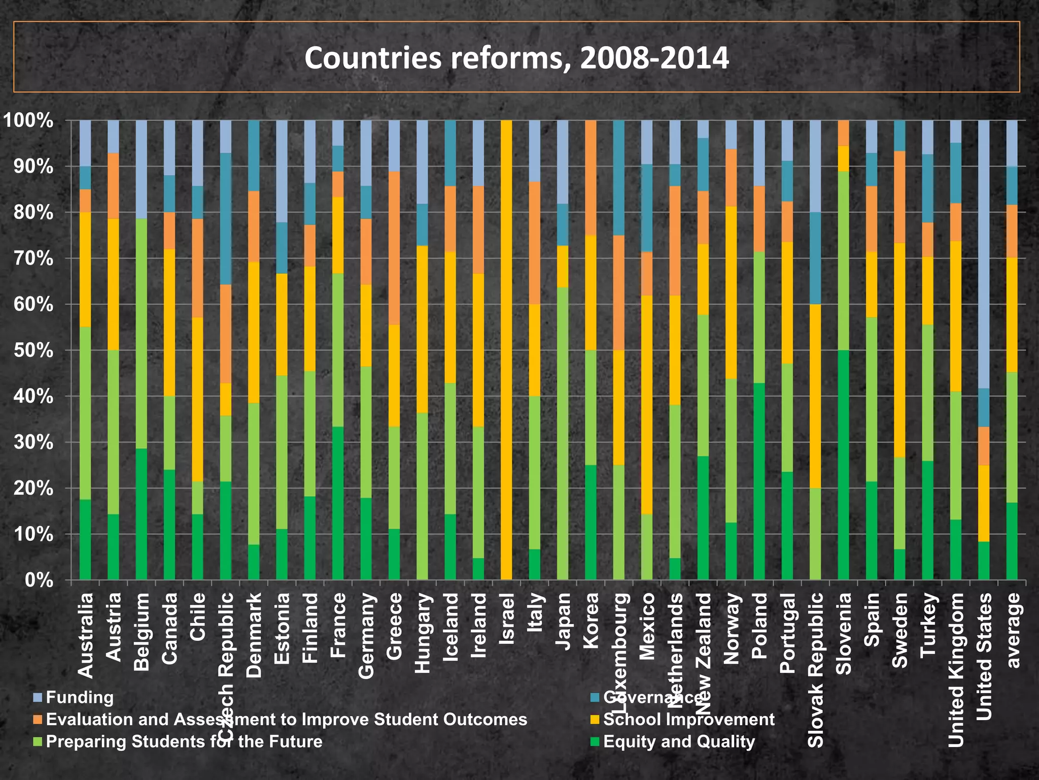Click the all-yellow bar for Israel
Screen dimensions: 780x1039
[506, 350]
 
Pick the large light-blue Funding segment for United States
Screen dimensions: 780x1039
[983, 254]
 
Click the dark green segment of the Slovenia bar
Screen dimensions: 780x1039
[843, 465]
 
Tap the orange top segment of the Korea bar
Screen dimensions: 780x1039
[591, 178]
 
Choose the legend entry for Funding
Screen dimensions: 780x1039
[79, 697]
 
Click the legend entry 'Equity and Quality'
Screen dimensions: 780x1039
[678, 741]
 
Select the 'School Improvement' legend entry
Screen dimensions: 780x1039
[688, 719]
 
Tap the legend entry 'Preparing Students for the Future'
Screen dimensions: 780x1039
[184, 741]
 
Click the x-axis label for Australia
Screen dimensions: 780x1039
[85, 635]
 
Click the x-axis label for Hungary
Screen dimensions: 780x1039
[422, 633]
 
